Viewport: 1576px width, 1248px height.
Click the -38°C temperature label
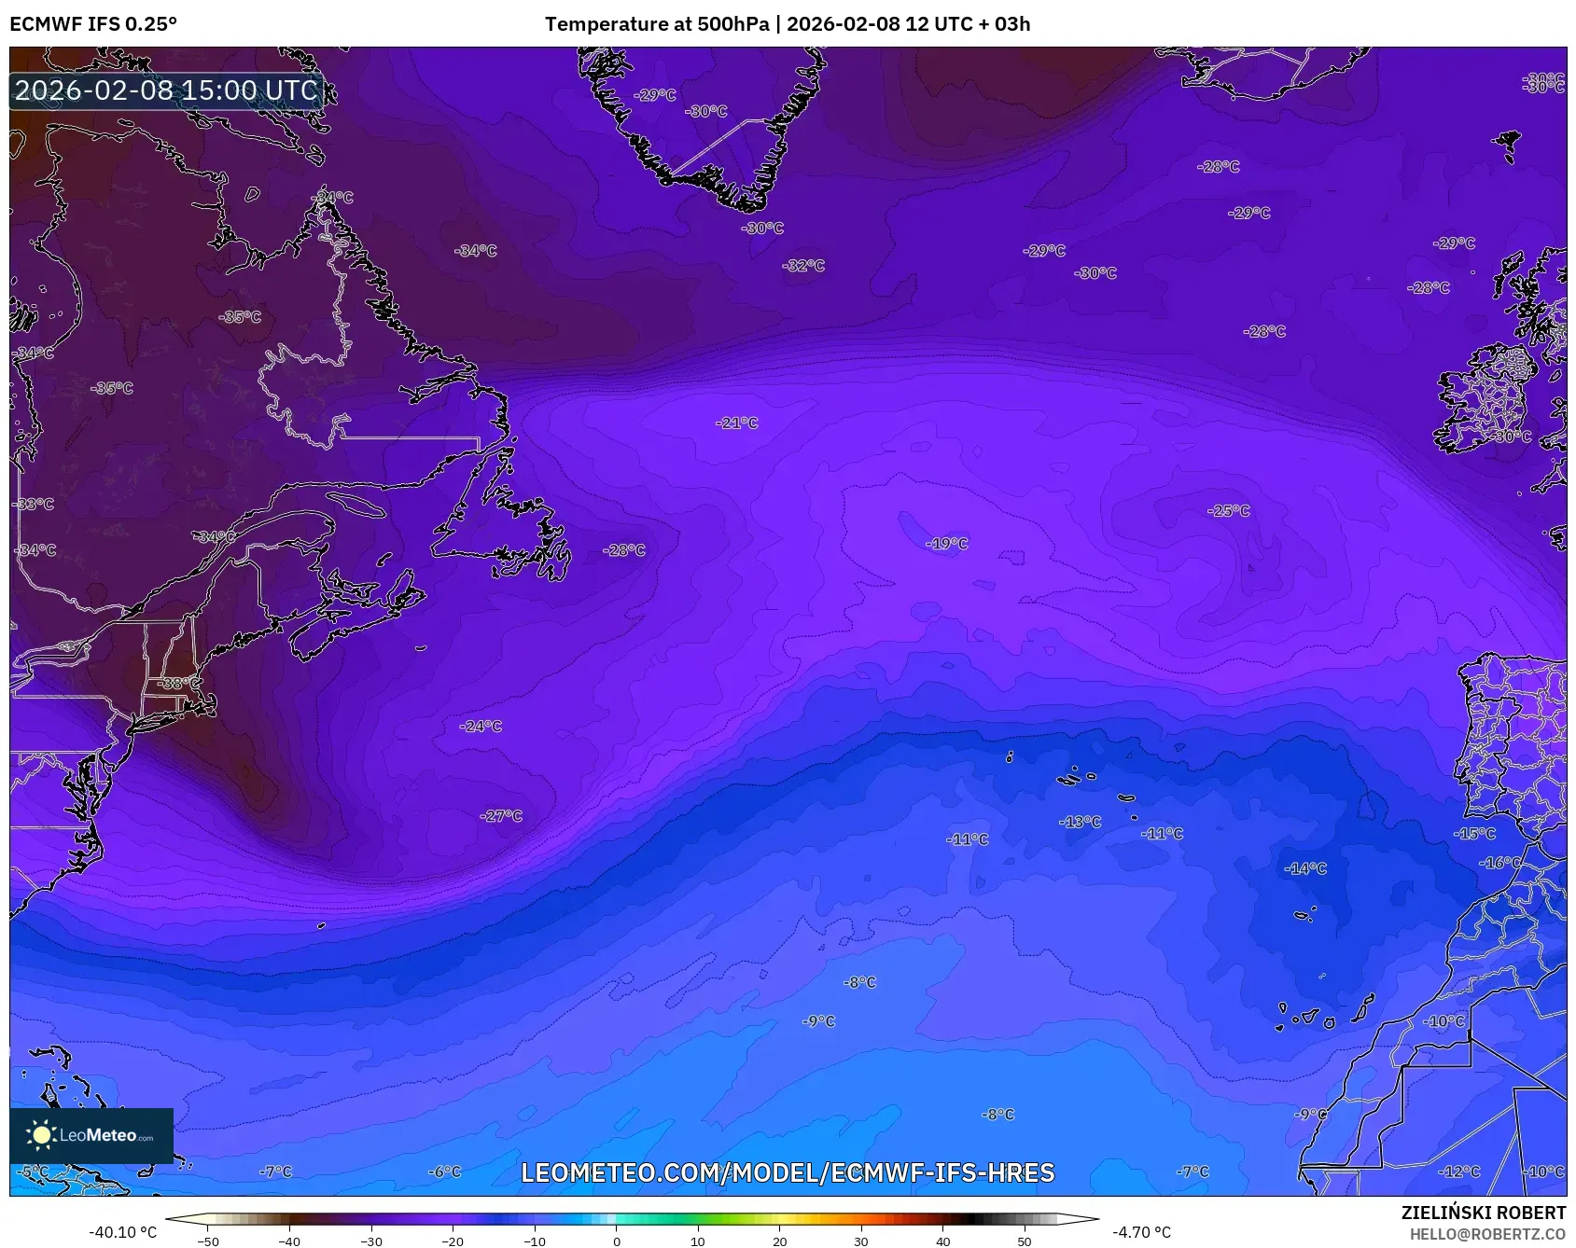177,684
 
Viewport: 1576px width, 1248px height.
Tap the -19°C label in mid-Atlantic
946,544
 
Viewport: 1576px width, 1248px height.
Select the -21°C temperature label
737,423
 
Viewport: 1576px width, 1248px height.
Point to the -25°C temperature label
1228,511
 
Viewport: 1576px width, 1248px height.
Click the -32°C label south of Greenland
803,266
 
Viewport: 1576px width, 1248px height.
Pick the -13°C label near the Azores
1080,823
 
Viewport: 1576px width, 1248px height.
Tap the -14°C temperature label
1305,868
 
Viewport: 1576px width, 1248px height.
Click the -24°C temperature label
481,727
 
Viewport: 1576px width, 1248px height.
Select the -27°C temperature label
501,816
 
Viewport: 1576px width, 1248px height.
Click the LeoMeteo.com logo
91,1135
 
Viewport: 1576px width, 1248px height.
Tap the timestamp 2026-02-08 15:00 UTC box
166,90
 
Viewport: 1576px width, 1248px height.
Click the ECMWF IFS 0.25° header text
93,24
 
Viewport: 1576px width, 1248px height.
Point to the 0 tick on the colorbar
616,1241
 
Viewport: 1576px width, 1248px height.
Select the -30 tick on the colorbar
371,1241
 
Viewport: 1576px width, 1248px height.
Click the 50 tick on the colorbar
1025,1241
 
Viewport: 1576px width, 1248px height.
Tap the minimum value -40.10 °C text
122,1232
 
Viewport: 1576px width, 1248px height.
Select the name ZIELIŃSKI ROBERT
1483,1213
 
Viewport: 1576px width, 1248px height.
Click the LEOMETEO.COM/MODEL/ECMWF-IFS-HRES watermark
788,1172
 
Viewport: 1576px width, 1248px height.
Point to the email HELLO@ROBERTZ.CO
1487,1234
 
